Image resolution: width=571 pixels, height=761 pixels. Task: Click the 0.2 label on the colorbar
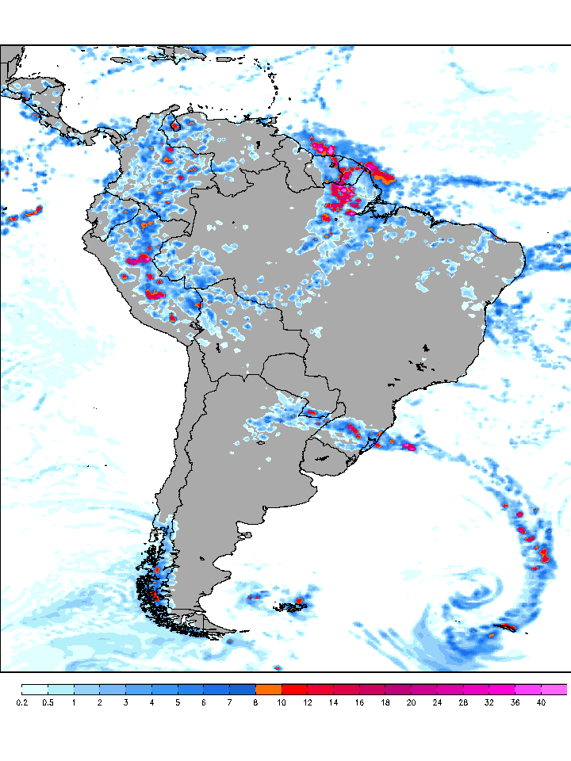pos(21,702)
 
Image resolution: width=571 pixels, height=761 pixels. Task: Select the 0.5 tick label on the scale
pos(48,702)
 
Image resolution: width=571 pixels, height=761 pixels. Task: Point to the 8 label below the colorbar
pos(255,702)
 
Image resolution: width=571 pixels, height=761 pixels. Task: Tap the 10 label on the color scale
pos(282,702)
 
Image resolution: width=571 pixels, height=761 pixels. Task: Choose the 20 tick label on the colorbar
pos(412,702)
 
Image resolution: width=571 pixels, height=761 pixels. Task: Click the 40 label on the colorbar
pos(541,702)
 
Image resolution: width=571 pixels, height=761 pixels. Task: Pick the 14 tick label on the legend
pos(334,702)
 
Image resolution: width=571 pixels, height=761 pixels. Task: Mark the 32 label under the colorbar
pos(489,702)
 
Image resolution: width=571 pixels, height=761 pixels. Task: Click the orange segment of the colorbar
pos(269,689)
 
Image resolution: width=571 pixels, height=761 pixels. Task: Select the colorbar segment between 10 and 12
pos(295,689)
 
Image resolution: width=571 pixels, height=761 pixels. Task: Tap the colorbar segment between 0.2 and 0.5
pos(35,689)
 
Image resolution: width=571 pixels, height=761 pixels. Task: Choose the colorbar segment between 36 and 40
pos(528,689)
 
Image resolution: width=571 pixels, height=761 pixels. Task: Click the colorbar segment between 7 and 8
pos(243,689)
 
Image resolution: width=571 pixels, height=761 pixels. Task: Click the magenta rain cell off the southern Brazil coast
pos(409,447)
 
